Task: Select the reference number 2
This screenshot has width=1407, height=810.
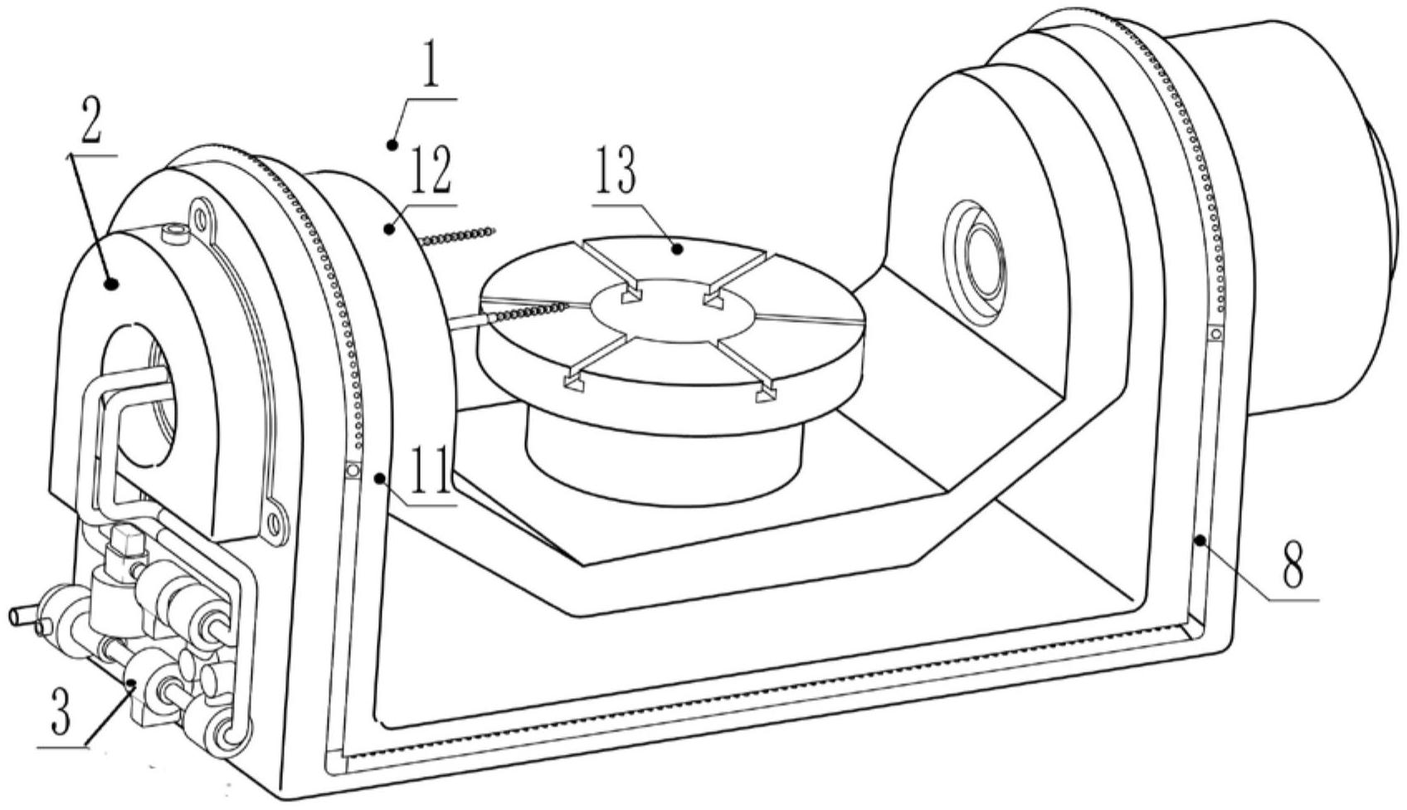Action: click(x=91, y=124)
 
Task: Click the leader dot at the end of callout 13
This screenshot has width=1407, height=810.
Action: click(x=676, y=250)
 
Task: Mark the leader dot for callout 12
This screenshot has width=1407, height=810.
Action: click(x=390, y=230)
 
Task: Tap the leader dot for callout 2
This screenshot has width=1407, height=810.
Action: click(x=111, y=285)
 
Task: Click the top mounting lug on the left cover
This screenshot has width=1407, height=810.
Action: click(x=201, y=217)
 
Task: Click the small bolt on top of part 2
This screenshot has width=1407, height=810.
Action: click(x=174, y=237)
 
